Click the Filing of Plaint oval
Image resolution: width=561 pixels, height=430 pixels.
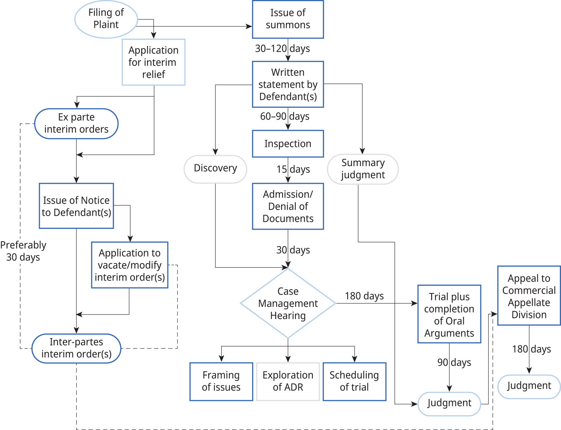[x=106, y=19]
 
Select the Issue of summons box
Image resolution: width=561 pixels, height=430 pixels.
[x=288, y=19]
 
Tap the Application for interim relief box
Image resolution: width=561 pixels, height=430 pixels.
[x=153, y=62]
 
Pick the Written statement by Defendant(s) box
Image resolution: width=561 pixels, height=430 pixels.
[x=288, y=84]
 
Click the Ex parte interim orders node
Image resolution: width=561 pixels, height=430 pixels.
[x=76, y=123]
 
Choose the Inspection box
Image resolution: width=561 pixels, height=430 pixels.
[x=288, y=144]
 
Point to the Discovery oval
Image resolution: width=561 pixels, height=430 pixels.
[x=215, y=169]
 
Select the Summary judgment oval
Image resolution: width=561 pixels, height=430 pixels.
[x=363, y=169]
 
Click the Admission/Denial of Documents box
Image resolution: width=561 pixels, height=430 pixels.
[x=288, y=206]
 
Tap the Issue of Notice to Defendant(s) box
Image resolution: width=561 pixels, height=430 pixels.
[x=76, y=206]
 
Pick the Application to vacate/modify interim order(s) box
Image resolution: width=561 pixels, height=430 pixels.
[x=130, y=265]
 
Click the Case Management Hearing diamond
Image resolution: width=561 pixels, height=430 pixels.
[x=288, y=303]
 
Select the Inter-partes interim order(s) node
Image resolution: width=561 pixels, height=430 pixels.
[x=76, y=348]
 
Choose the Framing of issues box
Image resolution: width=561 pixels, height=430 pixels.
[x=221, y=381]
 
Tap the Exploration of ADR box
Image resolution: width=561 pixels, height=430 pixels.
[x=288, y=381]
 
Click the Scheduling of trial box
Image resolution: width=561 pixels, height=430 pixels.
[x=354, y=381]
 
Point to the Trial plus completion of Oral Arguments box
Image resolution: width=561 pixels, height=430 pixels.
[x=449, y=314]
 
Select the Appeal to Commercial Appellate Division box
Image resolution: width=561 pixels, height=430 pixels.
[x=528, y=296]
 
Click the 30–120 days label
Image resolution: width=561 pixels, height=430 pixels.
[x=282, y=49]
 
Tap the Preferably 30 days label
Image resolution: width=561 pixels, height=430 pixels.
[x=23, y=251]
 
